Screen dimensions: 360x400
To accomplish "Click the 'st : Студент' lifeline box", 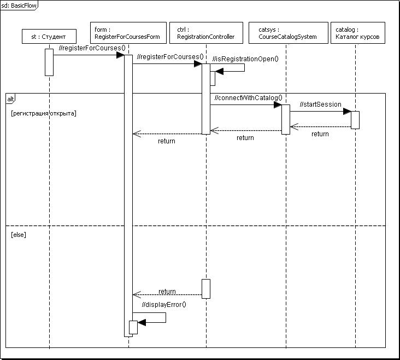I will tap(49, 37).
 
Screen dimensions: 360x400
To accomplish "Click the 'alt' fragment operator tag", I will tap(10, 98).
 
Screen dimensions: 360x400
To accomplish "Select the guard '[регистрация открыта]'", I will tap(43, 114).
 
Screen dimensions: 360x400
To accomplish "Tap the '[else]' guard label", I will tap(19, 234).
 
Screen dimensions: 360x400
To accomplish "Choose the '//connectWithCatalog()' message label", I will tap(249, 98).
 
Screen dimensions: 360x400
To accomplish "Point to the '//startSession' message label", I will tap(320, 104).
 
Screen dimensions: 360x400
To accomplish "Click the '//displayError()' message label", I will tap(164, 305).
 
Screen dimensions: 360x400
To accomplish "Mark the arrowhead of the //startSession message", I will tap(346, 112).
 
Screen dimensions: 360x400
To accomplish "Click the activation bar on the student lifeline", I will tap(49, 62).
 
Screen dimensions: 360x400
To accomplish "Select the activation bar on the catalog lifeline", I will tap(355, 120).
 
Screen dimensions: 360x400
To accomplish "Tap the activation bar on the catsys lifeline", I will tap(285, 119).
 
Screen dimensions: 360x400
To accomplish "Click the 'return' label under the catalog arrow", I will tap(320, 133).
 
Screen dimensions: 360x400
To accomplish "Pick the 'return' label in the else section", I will tap(167, 292).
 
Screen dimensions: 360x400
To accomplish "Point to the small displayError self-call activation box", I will tap(133, 327).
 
